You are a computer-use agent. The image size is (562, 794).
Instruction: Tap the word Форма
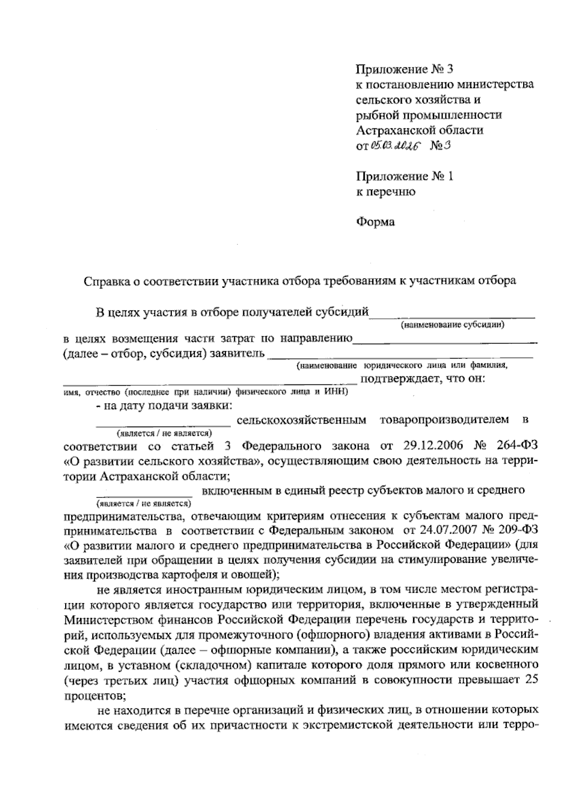(375, 222)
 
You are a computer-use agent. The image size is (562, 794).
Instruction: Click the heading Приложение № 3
(405, 70)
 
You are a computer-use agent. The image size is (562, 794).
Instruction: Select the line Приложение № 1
(405, 176)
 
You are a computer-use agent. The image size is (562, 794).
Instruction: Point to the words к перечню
(386, 191)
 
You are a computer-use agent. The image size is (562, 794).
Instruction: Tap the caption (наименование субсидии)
(452, 324)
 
